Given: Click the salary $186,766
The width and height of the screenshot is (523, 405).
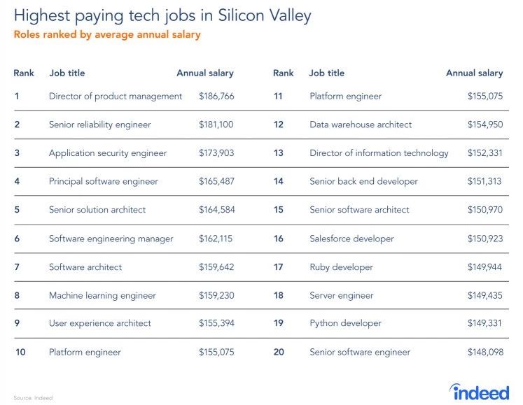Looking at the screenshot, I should (216, 96).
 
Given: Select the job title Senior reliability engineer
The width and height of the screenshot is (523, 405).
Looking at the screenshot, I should (99, 125).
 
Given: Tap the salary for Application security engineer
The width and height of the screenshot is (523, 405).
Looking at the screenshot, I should (216, 152).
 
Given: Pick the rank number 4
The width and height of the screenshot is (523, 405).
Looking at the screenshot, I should (17, 181).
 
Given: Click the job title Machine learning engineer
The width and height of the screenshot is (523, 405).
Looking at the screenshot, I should (102, 295).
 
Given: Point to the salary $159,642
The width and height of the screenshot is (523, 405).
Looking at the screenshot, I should (216, 267).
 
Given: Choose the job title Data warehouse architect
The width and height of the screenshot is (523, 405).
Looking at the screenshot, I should (361, 125).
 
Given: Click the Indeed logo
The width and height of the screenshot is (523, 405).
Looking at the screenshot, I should (480, 390).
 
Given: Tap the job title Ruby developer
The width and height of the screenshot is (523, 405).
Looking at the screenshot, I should (341, 267).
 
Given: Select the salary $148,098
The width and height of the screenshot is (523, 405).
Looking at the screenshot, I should (485, 352).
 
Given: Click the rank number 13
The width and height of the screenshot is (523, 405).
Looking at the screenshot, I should (279, 152).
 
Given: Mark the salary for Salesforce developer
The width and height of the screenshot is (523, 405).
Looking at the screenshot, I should (485, 239).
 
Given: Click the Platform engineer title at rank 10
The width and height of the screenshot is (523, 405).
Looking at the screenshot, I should (85, 352).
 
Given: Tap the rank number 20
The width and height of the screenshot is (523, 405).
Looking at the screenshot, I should (279, 352).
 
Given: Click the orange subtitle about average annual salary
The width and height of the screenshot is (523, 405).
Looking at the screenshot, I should (106, 35).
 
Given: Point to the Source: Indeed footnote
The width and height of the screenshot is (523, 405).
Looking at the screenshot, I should (32, 398).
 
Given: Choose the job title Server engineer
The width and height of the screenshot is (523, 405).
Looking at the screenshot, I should (342, 295).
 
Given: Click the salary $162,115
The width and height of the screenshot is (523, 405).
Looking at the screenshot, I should (216, 239).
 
